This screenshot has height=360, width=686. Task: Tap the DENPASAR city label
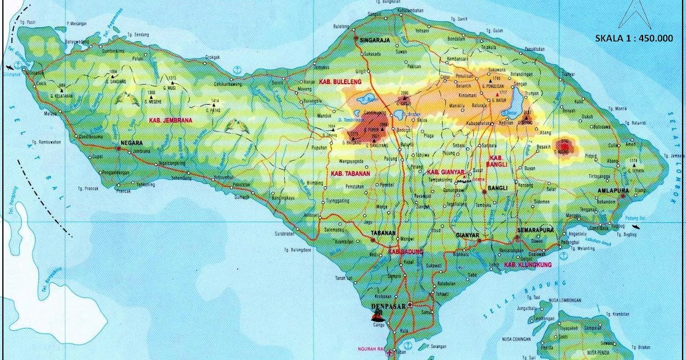pos(388,306)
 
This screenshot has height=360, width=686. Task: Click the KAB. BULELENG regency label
pos(338,82)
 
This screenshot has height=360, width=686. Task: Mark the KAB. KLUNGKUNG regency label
pos(528,265)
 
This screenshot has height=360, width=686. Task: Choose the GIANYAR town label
pos(468,235)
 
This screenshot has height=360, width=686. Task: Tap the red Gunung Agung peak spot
pos(565,147)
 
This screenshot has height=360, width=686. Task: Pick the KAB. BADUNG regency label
pos(405,251)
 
